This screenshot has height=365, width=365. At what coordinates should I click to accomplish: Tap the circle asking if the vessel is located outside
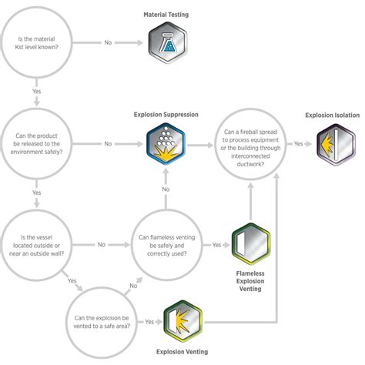(37, 244)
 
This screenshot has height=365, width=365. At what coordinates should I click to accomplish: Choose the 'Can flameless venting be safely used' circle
(166, 244)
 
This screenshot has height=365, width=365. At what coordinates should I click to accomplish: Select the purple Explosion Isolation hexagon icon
(337, 143)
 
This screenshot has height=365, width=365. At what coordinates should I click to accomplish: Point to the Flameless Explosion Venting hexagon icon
(252, 245)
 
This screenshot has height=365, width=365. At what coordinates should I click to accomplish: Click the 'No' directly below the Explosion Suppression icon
(166, 189)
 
